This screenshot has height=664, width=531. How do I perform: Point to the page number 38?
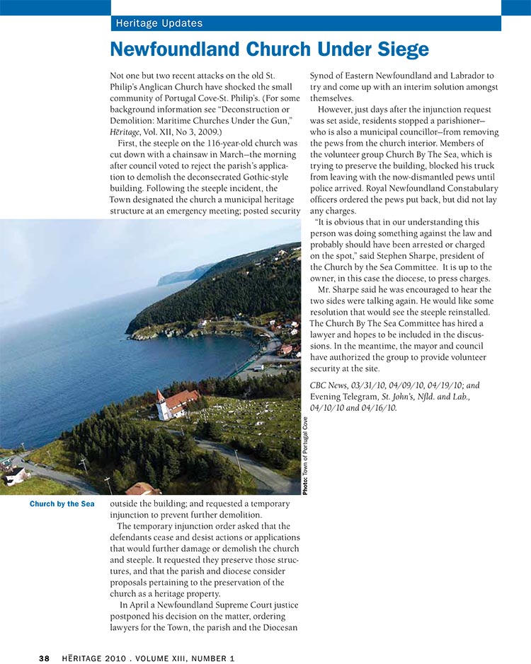[44, 658]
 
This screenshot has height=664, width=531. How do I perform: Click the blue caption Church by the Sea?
[62, 504]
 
